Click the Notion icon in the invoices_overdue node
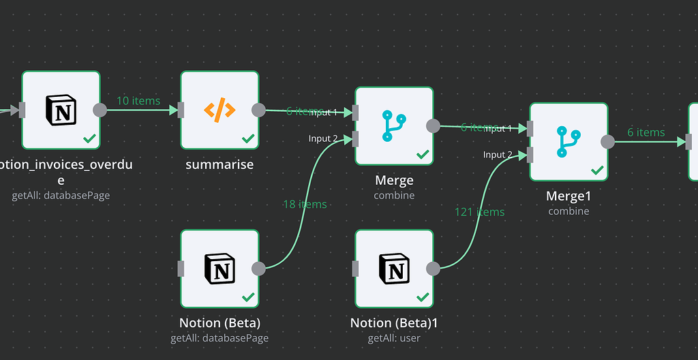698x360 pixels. (x=61, y=110)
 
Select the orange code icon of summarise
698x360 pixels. (x=219, y=110)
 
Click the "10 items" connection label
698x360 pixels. (x=138, y=101)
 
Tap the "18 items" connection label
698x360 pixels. (x=305, y=204)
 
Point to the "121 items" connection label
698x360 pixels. (x=479, y=212)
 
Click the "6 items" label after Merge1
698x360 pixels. (x=646, y=132)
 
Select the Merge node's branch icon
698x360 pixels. (x=394, y=125)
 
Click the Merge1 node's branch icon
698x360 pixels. (x=568, y=141)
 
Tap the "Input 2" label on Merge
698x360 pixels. (x=323, y=138)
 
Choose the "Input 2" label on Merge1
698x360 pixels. (x=498, y=155)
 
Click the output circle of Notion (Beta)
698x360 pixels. (x=259, y=268)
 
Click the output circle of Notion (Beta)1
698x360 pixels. (x=434, y=268)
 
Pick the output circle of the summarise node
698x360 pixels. (x=259, y=110)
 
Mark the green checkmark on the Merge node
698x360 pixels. (x=423, y=155)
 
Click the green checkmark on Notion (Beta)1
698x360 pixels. (x=423, y=297)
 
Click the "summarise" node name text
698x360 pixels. (x=219, y=164)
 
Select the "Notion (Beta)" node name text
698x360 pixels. (x=219, y=322)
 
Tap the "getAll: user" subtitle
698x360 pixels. (x=394, y=337)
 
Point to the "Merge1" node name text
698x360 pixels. (x=568, y=196)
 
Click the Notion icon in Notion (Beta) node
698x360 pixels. (x=219, y=268)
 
